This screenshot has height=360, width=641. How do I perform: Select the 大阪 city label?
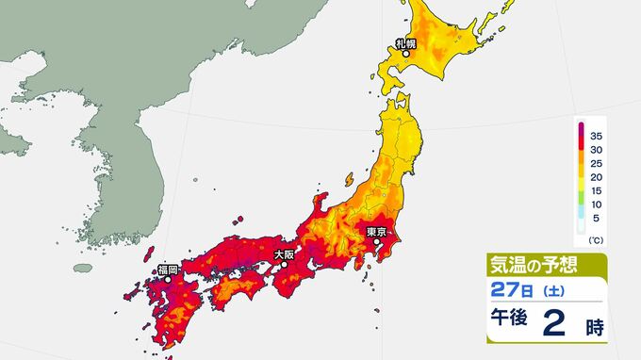(x=283, y=254)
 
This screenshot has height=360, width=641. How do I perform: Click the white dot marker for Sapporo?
(x=405, y=54)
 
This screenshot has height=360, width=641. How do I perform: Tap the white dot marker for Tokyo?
(x=377, y=242)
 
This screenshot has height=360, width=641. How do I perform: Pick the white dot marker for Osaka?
(x=283, y=264)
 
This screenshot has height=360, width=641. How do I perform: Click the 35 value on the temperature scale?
(x=597, y=137)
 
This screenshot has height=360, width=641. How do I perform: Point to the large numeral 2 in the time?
(x=556, y=323)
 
